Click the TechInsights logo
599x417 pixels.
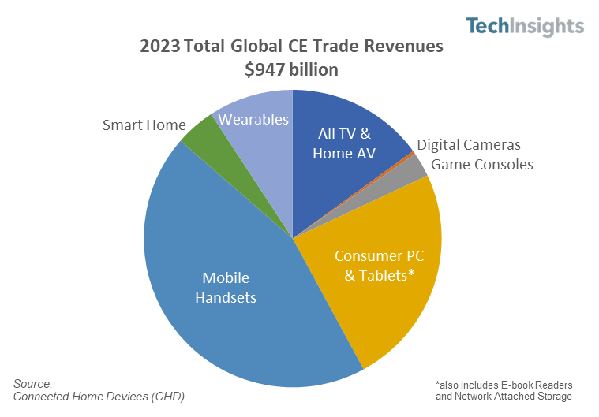[x=525, y=26]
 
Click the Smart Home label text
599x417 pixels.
[x=144, y=125]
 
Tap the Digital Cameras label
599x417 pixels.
[x=469, y=145]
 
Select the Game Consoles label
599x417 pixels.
[x=481, y=164]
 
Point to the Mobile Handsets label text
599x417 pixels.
[x=226, y=288]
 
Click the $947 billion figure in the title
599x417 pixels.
[x=292, y=69]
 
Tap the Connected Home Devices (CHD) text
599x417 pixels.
[x=99, y=396]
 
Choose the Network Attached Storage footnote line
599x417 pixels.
[x=504, y=396]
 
